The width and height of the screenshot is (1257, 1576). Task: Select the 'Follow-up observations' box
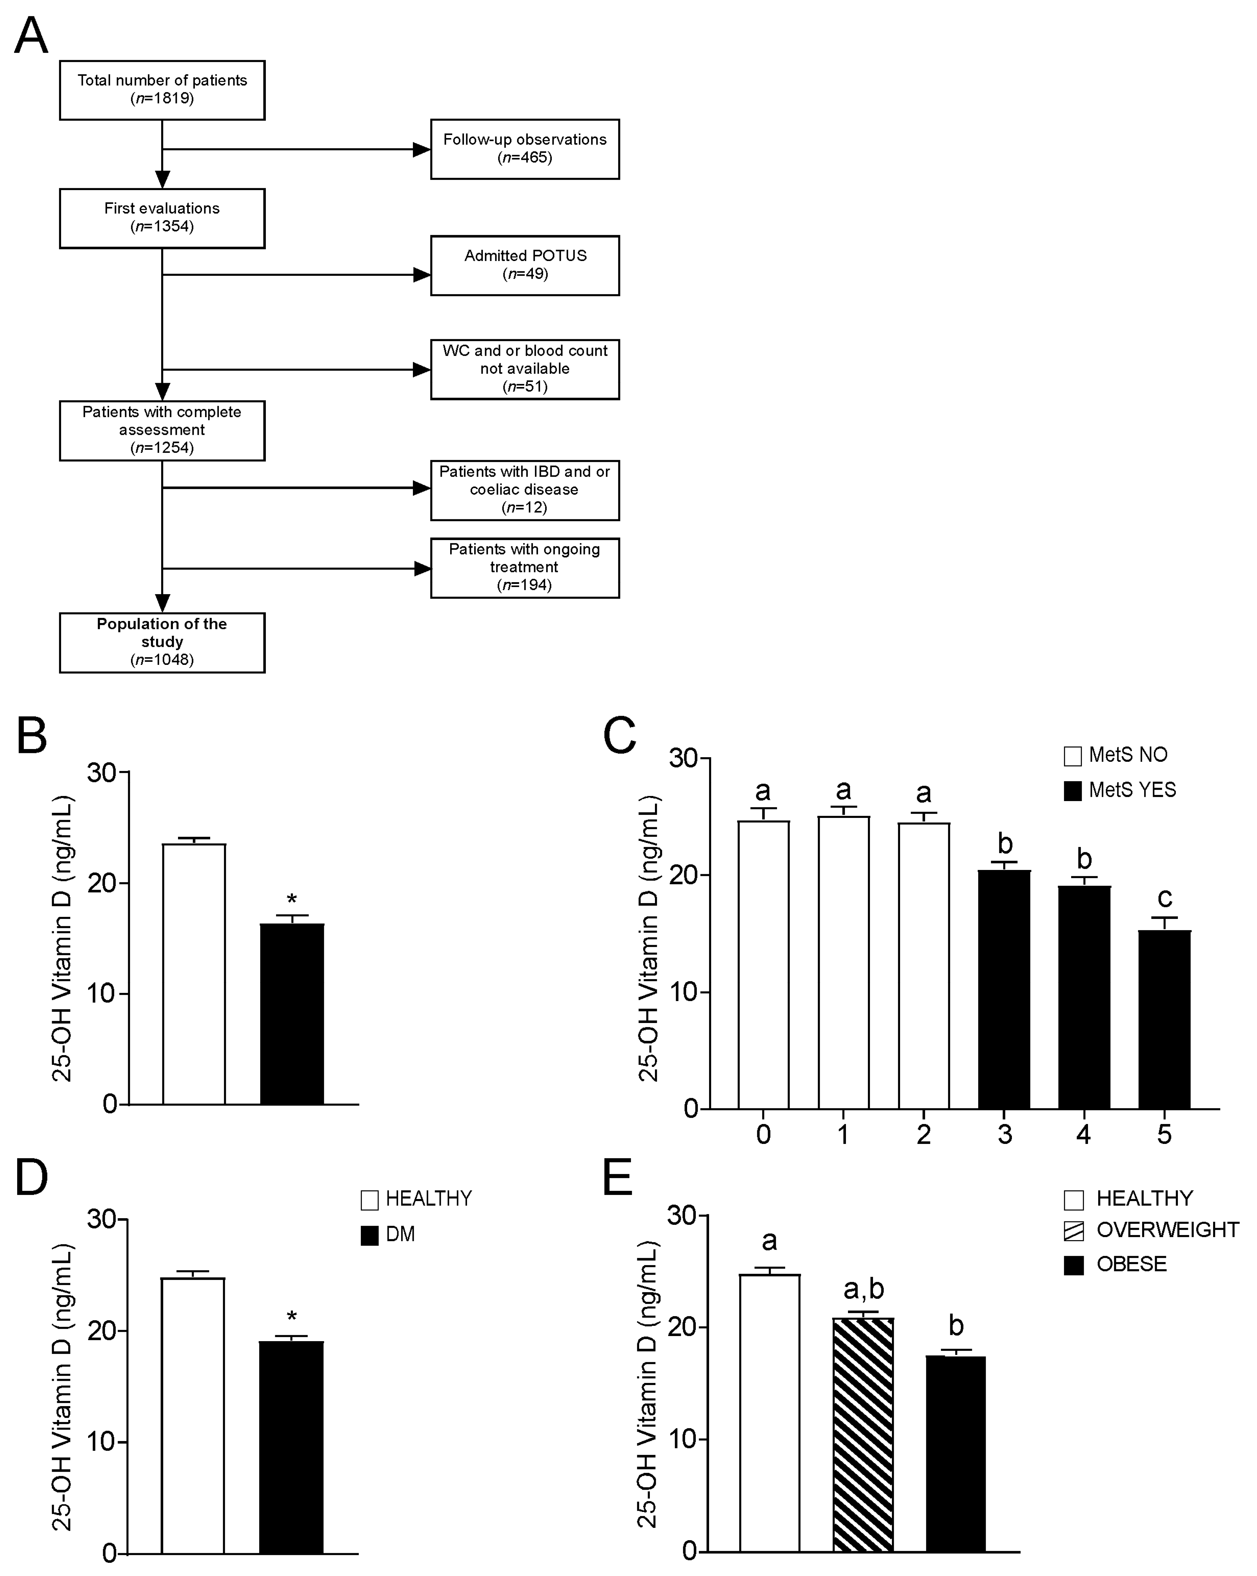pos(525,149)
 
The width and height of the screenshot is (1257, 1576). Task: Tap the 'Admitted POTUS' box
pos(525,265)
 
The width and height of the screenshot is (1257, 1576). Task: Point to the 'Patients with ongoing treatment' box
pos(525,568)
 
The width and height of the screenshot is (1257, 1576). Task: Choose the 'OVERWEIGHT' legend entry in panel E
pos(1151,1230)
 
